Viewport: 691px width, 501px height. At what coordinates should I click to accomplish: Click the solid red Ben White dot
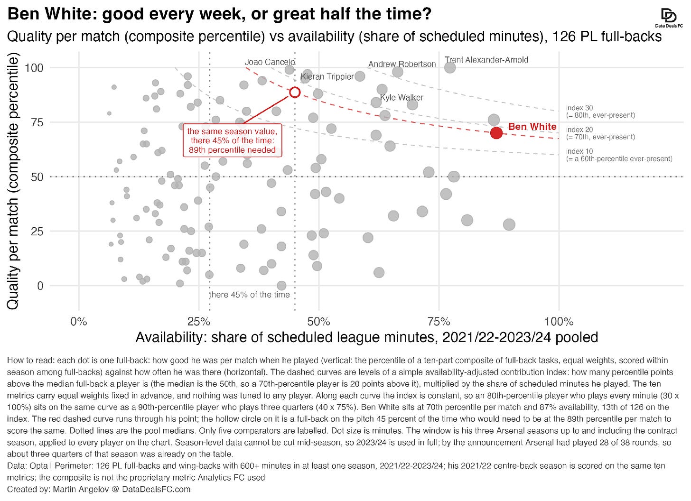click(x=496, y=133)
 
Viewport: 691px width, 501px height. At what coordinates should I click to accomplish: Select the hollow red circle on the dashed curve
click(x=295, y=92)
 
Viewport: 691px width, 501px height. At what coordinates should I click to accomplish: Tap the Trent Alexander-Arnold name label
click(x=486, y=60)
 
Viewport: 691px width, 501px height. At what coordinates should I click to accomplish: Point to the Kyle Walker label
click(x=402, y=97)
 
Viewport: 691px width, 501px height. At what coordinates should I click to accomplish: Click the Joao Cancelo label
click(x=270, y=62)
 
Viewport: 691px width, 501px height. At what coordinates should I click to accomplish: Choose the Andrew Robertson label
click(x=402, y=64)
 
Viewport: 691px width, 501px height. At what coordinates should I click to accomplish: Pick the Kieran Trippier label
click(x=327, y=76)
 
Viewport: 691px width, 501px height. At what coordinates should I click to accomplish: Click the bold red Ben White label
click(x=532, y=127)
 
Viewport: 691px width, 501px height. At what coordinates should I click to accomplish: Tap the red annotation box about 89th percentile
click(x=232, y=140)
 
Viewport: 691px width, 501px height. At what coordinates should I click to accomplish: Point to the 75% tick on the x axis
click(x=439, y=322)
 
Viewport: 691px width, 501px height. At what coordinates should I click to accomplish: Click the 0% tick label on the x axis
click(x=79, y=322)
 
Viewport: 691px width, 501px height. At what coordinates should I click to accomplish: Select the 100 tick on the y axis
click(x=34, y=67)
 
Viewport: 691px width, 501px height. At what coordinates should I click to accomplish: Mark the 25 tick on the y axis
click(x=37, y=231)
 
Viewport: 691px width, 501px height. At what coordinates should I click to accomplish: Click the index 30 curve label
click(x=600, y=111)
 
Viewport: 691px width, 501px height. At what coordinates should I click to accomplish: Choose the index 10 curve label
click(x=619, y=155)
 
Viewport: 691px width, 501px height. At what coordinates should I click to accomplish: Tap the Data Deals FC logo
click(x=669, y=18)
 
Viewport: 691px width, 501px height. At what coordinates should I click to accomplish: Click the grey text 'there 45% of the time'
click(x=249, y=295)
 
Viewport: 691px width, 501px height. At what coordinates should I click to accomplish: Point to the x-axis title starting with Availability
click(x=367, y=337)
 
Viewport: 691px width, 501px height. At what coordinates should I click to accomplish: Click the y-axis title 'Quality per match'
click(x=13, y=181)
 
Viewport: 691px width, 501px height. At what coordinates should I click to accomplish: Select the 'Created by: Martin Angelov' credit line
click(x=99, y=489)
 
